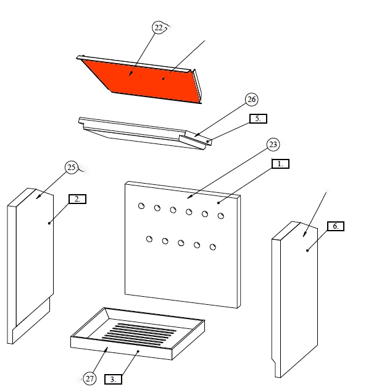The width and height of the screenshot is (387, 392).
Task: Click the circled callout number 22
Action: [x=159, y=27]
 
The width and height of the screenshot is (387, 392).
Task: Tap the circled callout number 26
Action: [x=251, y=100]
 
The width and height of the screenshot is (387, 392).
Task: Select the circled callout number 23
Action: [x=273, y=145]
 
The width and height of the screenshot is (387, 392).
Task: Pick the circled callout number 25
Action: [x=72, y=168]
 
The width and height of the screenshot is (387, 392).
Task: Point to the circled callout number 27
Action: [x=89, y=378]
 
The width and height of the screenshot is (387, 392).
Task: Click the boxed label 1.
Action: [x=280, y=164]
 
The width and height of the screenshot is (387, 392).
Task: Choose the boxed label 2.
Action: [x=77, y=199]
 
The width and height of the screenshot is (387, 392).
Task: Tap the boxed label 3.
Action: [x=113, y=379]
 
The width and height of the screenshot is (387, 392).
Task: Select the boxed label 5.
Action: [x=258, y=119]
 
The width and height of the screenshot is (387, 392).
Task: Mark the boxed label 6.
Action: [x=336, y=226]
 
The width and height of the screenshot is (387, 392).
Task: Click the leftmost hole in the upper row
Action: [x=141, y=206]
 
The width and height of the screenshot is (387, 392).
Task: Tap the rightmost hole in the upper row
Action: [x=220, y=216]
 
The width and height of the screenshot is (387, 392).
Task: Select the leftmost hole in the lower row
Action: [x=149, y=239]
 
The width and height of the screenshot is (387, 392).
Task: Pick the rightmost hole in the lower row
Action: [x=212, y=247]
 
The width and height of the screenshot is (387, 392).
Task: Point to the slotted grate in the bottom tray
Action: [x=139, y=334]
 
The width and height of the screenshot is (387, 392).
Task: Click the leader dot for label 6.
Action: [x=307, y=250]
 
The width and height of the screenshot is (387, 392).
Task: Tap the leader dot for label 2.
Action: [x=49, y=223]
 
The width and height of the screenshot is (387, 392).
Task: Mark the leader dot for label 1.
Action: [x=218, y=203]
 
